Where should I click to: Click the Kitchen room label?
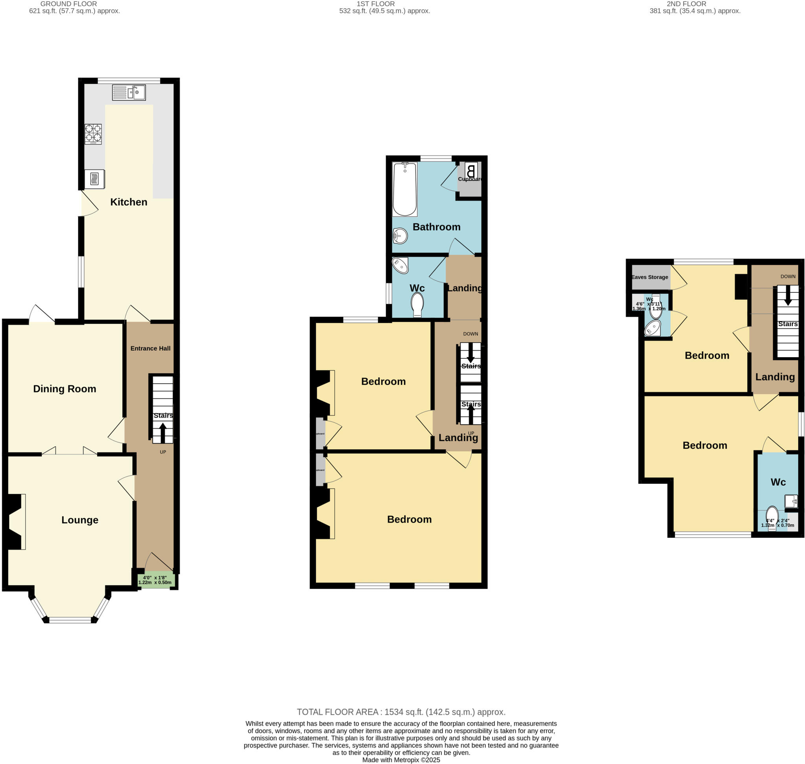pyautogui.click(x=129, y=202)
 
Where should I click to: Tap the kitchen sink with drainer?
pyautogui.click(x=129, y=92)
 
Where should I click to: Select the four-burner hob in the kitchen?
pyautogui.click(x=93, y=134)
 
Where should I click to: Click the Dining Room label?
pyautogui.click(x=65, y=389)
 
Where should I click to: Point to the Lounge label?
pyautogui.click(x=80, y=520)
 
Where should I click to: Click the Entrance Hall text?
pyautogui.click(x=150, y=348)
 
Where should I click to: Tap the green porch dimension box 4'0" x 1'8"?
pyautogui.click(x=156, y=580)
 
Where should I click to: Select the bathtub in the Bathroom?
pyautogui.click(x=404, y=189)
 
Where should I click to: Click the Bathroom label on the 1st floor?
pyautogui.click(x=436, y=227)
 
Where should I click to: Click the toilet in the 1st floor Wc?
pyautogui.click(x=417, y=304)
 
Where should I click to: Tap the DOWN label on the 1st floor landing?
pyautogui.click(x=471, y=334)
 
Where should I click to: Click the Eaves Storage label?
pyautogui.click(x=649, y=277)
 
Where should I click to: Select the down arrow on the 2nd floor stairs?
pyautogui.click(x=788, y=296)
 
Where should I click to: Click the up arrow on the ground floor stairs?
pyautogui.click(x=162, y=433)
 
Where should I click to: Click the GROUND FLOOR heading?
pyautogui.click(x=68, y=4)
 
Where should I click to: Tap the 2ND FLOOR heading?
pyautogui.click(x=686, y=4)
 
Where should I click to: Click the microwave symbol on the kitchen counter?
pyautogui.click(x=94, y=179)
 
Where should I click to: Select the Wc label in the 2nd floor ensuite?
pyautogui.click(x=778, y=482)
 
